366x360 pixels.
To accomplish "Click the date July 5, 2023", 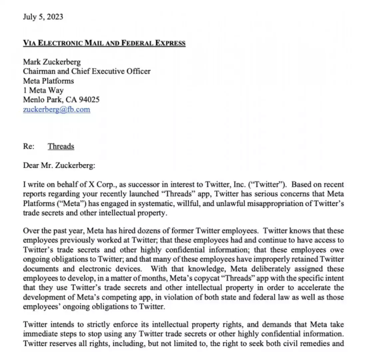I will pyautogui.click(x=43, y=17).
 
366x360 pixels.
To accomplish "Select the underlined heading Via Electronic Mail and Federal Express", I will pyautogui.click(x=104, y=43).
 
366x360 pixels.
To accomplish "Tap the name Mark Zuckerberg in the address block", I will pyautogui.click(x=52, y=62).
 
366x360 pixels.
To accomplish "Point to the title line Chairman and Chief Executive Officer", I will pyautogui.click(x=87, y=71).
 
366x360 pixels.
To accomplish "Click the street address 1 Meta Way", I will pyautogui.click(x=43, y=90).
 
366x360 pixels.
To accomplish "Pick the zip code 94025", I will pyautogui.click(x=89, y=100).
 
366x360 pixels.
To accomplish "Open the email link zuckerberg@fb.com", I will pyautogui.click(x=57, y=109).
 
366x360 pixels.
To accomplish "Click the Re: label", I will pyautogui.click(x=29, y=146).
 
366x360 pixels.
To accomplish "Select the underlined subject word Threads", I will pyautogui.click(x=61, y=146).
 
